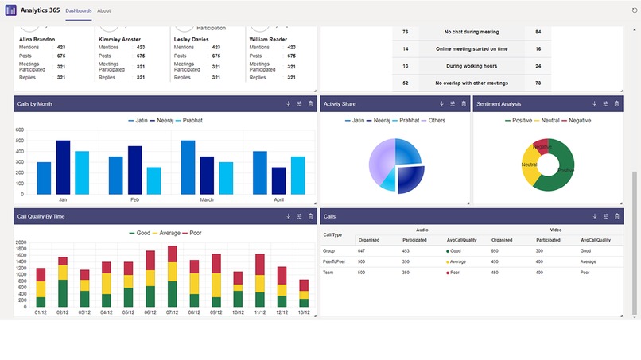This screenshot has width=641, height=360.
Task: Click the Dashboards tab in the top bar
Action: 78,10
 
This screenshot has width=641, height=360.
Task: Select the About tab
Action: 104,10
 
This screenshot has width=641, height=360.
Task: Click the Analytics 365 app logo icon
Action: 10,10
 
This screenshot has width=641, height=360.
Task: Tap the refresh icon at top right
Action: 634,10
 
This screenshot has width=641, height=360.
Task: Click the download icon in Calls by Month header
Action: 288,104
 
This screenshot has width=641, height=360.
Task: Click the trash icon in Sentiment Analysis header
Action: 616,104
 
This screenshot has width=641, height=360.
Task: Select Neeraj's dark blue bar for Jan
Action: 63,167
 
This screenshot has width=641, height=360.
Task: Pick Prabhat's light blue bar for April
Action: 298,175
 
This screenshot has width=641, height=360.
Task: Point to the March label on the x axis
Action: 207,200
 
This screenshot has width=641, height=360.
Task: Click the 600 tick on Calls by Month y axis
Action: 19,130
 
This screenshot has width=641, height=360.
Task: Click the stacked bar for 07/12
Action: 173,277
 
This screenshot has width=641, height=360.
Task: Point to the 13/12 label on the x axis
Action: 303,312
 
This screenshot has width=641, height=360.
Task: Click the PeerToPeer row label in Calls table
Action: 333,261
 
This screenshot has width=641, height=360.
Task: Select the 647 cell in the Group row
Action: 362,250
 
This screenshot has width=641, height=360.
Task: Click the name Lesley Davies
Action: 191,39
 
